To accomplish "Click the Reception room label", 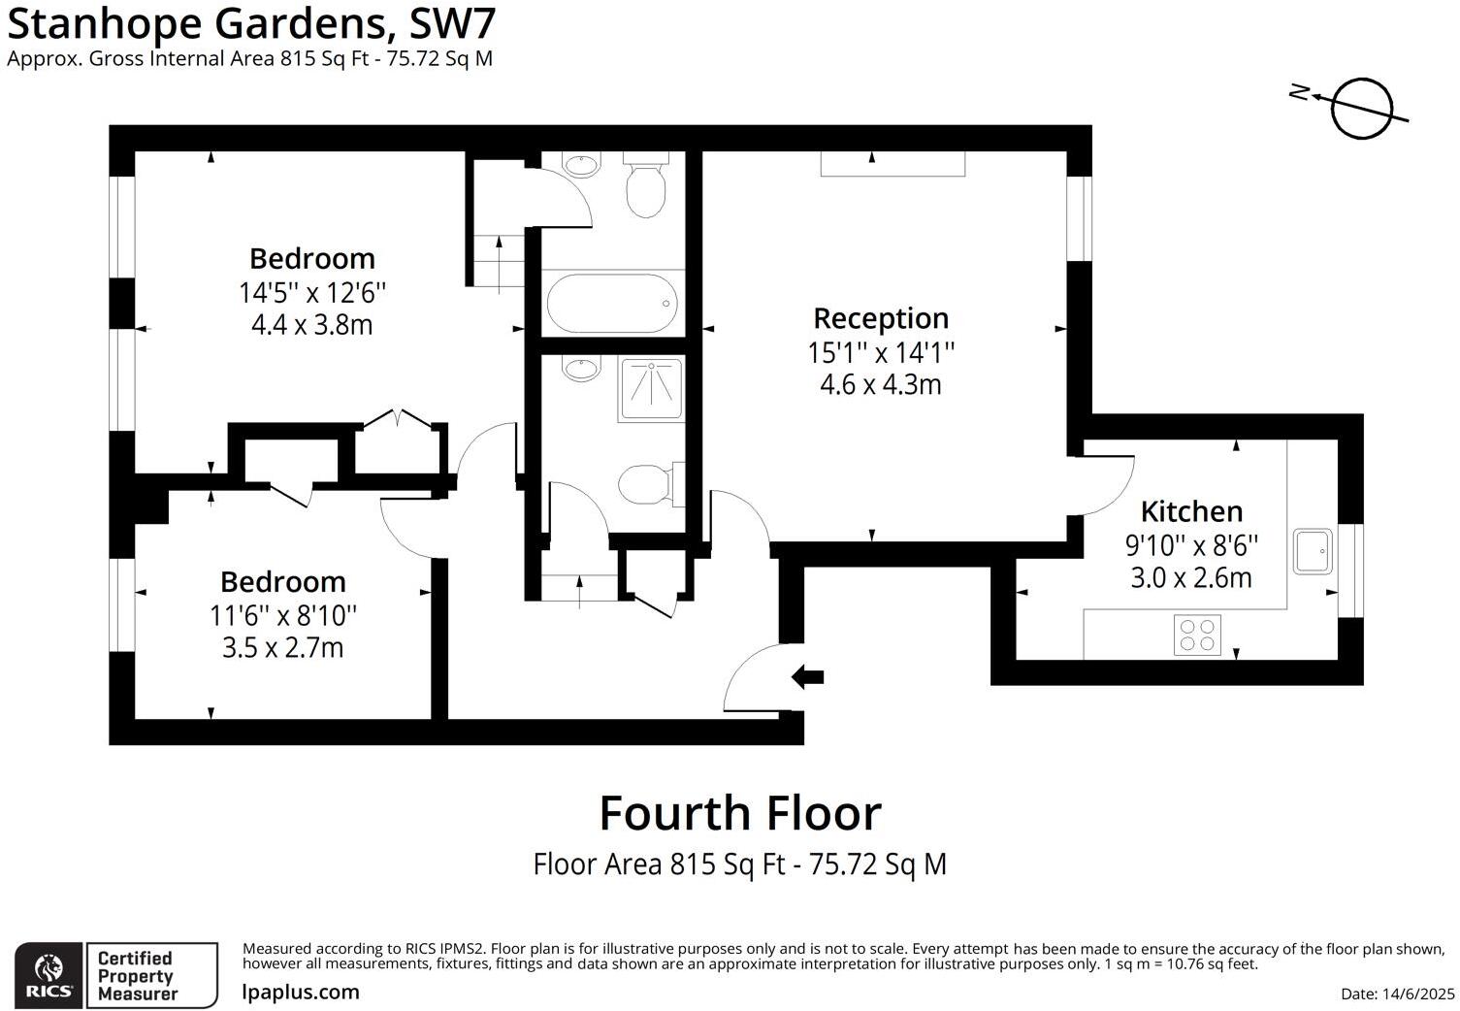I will [881, 318].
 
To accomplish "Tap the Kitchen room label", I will [1191, 511].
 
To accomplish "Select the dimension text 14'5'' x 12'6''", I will [312, 292].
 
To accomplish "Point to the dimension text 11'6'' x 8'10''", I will [283, 615].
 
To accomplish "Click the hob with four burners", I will [1197, 636].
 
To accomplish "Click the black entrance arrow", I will [807, 676].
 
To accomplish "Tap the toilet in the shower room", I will [645, 483].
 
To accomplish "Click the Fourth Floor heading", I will [740, 813].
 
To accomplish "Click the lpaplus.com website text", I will [301, 993].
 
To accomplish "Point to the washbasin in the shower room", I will [581, 370].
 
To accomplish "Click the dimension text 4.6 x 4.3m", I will [881, 385].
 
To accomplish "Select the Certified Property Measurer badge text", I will [137, 976].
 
